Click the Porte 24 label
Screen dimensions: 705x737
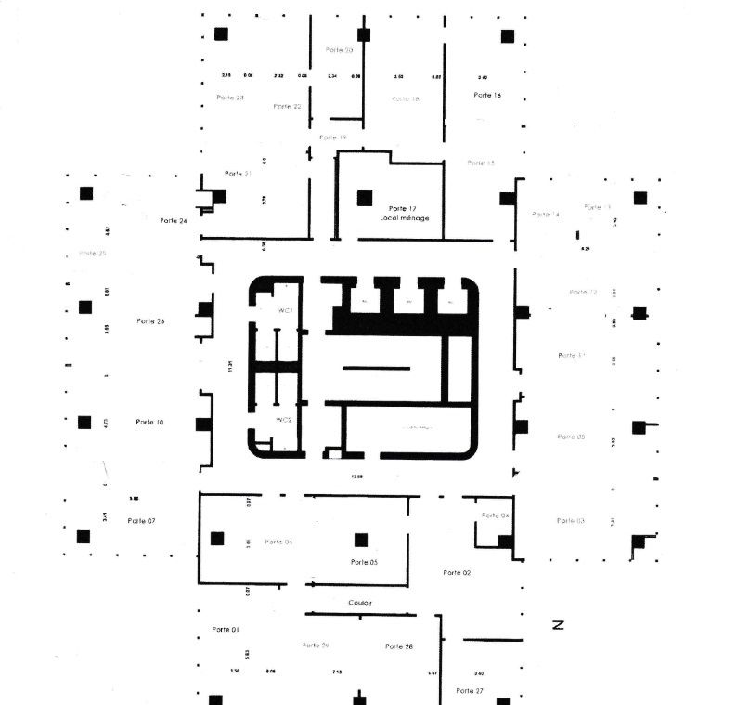[173, 220]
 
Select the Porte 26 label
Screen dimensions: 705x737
[149, 321]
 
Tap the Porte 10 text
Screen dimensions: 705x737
[149, 422]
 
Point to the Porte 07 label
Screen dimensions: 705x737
[141, 520]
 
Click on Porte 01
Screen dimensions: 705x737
[226, 629]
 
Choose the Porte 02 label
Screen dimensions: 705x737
[457, 573]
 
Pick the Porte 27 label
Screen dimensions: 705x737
[470, 691]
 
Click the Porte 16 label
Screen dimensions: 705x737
[487, 95]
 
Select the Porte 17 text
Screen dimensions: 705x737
[402, 208]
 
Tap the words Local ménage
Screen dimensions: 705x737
[404, 218]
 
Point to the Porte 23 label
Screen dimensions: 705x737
[230, 98]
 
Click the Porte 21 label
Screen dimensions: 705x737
[238, 174]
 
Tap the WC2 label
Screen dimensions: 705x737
[285, 420]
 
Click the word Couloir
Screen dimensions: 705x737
[360, 603]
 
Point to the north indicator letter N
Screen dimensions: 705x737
[559, 625]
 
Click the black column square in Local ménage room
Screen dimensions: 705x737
[365, 197]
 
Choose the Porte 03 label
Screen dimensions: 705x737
[570, 521]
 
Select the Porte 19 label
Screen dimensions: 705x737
[332, 137]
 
